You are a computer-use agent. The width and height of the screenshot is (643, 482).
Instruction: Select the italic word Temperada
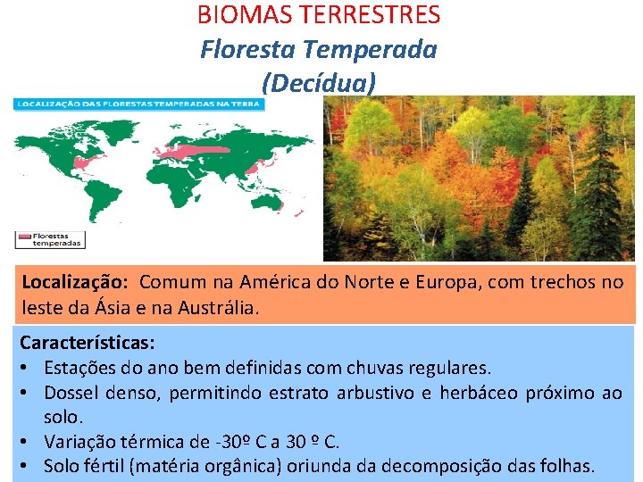pyautogui.click(x=384, y=49)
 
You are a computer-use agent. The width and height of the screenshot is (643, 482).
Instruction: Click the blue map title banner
pyautogui.click(x=138, y=104)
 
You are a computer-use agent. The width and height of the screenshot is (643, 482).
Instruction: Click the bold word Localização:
pyautogui.click(x=76, y=283)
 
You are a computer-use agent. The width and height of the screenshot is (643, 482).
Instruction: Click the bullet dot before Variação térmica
pyautogui.click(x=26, y=441)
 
